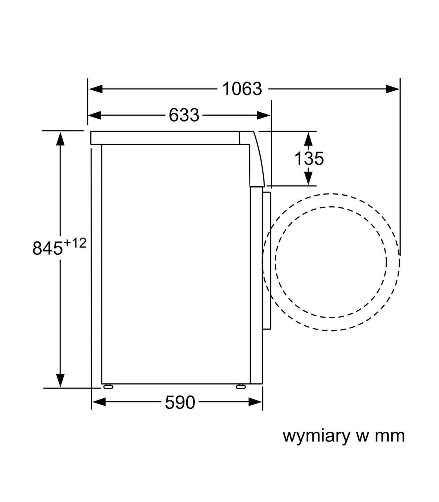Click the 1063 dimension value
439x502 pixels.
coord(242,89)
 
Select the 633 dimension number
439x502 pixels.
coord(184,115)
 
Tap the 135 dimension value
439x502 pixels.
coord(309,158)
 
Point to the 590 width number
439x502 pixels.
coord(180,402)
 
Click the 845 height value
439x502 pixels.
coord(48,248)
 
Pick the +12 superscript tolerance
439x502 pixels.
coord(75,243)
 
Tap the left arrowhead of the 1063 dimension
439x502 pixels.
coord(95,89)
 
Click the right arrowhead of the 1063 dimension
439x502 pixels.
coord(393,89)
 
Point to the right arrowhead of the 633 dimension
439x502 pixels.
coord(263,115)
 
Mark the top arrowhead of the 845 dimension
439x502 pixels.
coord(60,139)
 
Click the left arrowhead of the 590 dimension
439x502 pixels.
coord(98,402)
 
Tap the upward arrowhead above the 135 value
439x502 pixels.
coord(308,139)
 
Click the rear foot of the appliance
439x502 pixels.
coord(108,387)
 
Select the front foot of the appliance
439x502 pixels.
coord(241,387)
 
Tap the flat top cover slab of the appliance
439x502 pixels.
coord(165,138)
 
